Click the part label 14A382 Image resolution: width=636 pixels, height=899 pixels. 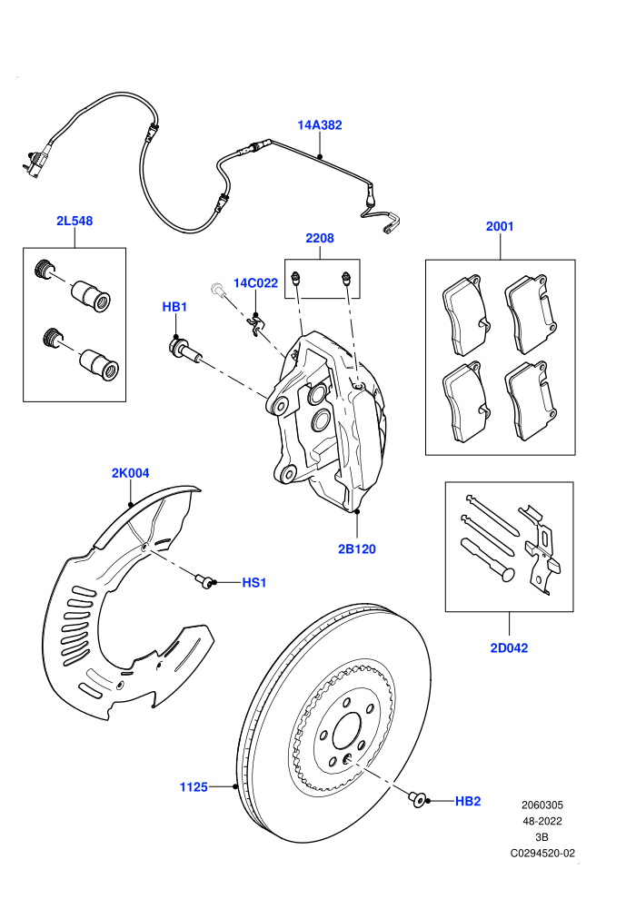click(x=320, y=125)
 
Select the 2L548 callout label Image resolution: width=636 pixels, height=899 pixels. click(x=75, y=221)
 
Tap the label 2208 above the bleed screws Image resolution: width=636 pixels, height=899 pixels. click(x=320, y=238)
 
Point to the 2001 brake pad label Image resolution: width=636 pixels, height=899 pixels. click(x=500, y=226)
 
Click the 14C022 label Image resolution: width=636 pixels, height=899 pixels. click(x=255, y=282)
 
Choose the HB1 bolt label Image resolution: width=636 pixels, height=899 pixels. click(x=174, y=307)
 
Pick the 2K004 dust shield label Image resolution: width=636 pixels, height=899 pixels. click(x=130, y=473)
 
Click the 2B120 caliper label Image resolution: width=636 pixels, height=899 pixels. click(x=357, y=548)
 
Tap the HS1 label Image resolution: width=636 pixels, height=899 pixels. click(x=254, y=582)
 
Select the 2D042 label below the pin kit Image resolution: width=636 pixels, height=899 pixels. click(x=509, y=647)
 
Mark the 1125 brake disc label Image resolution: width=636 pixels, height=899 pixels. click(x=194, y=786)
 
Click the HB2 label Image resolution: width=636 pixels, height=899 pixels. click(x=467, y=801)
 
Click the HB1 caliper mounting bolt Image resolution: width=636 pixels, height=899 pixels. click(x=184, y=350)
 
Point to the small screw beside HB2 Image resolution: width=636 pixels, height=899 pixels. click(x=418, y=799)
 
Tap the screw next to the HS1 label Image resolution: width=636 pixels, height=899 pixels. click(x=204, y=580)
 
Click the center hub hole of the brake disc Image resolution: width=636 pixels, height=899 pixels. click(x=348, y=732)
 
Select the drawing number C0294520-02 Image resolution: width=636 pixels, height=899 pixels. click(x=542, y=853)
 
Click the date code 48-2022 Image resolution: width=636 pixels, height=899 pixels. click(x=542, y=821)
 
